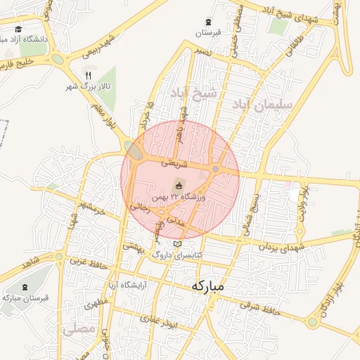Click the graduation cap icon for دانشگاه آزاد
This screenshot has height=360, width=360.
click(18, 30)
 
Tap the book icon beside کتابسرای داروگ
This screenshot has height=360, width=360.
click(176, 244)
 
